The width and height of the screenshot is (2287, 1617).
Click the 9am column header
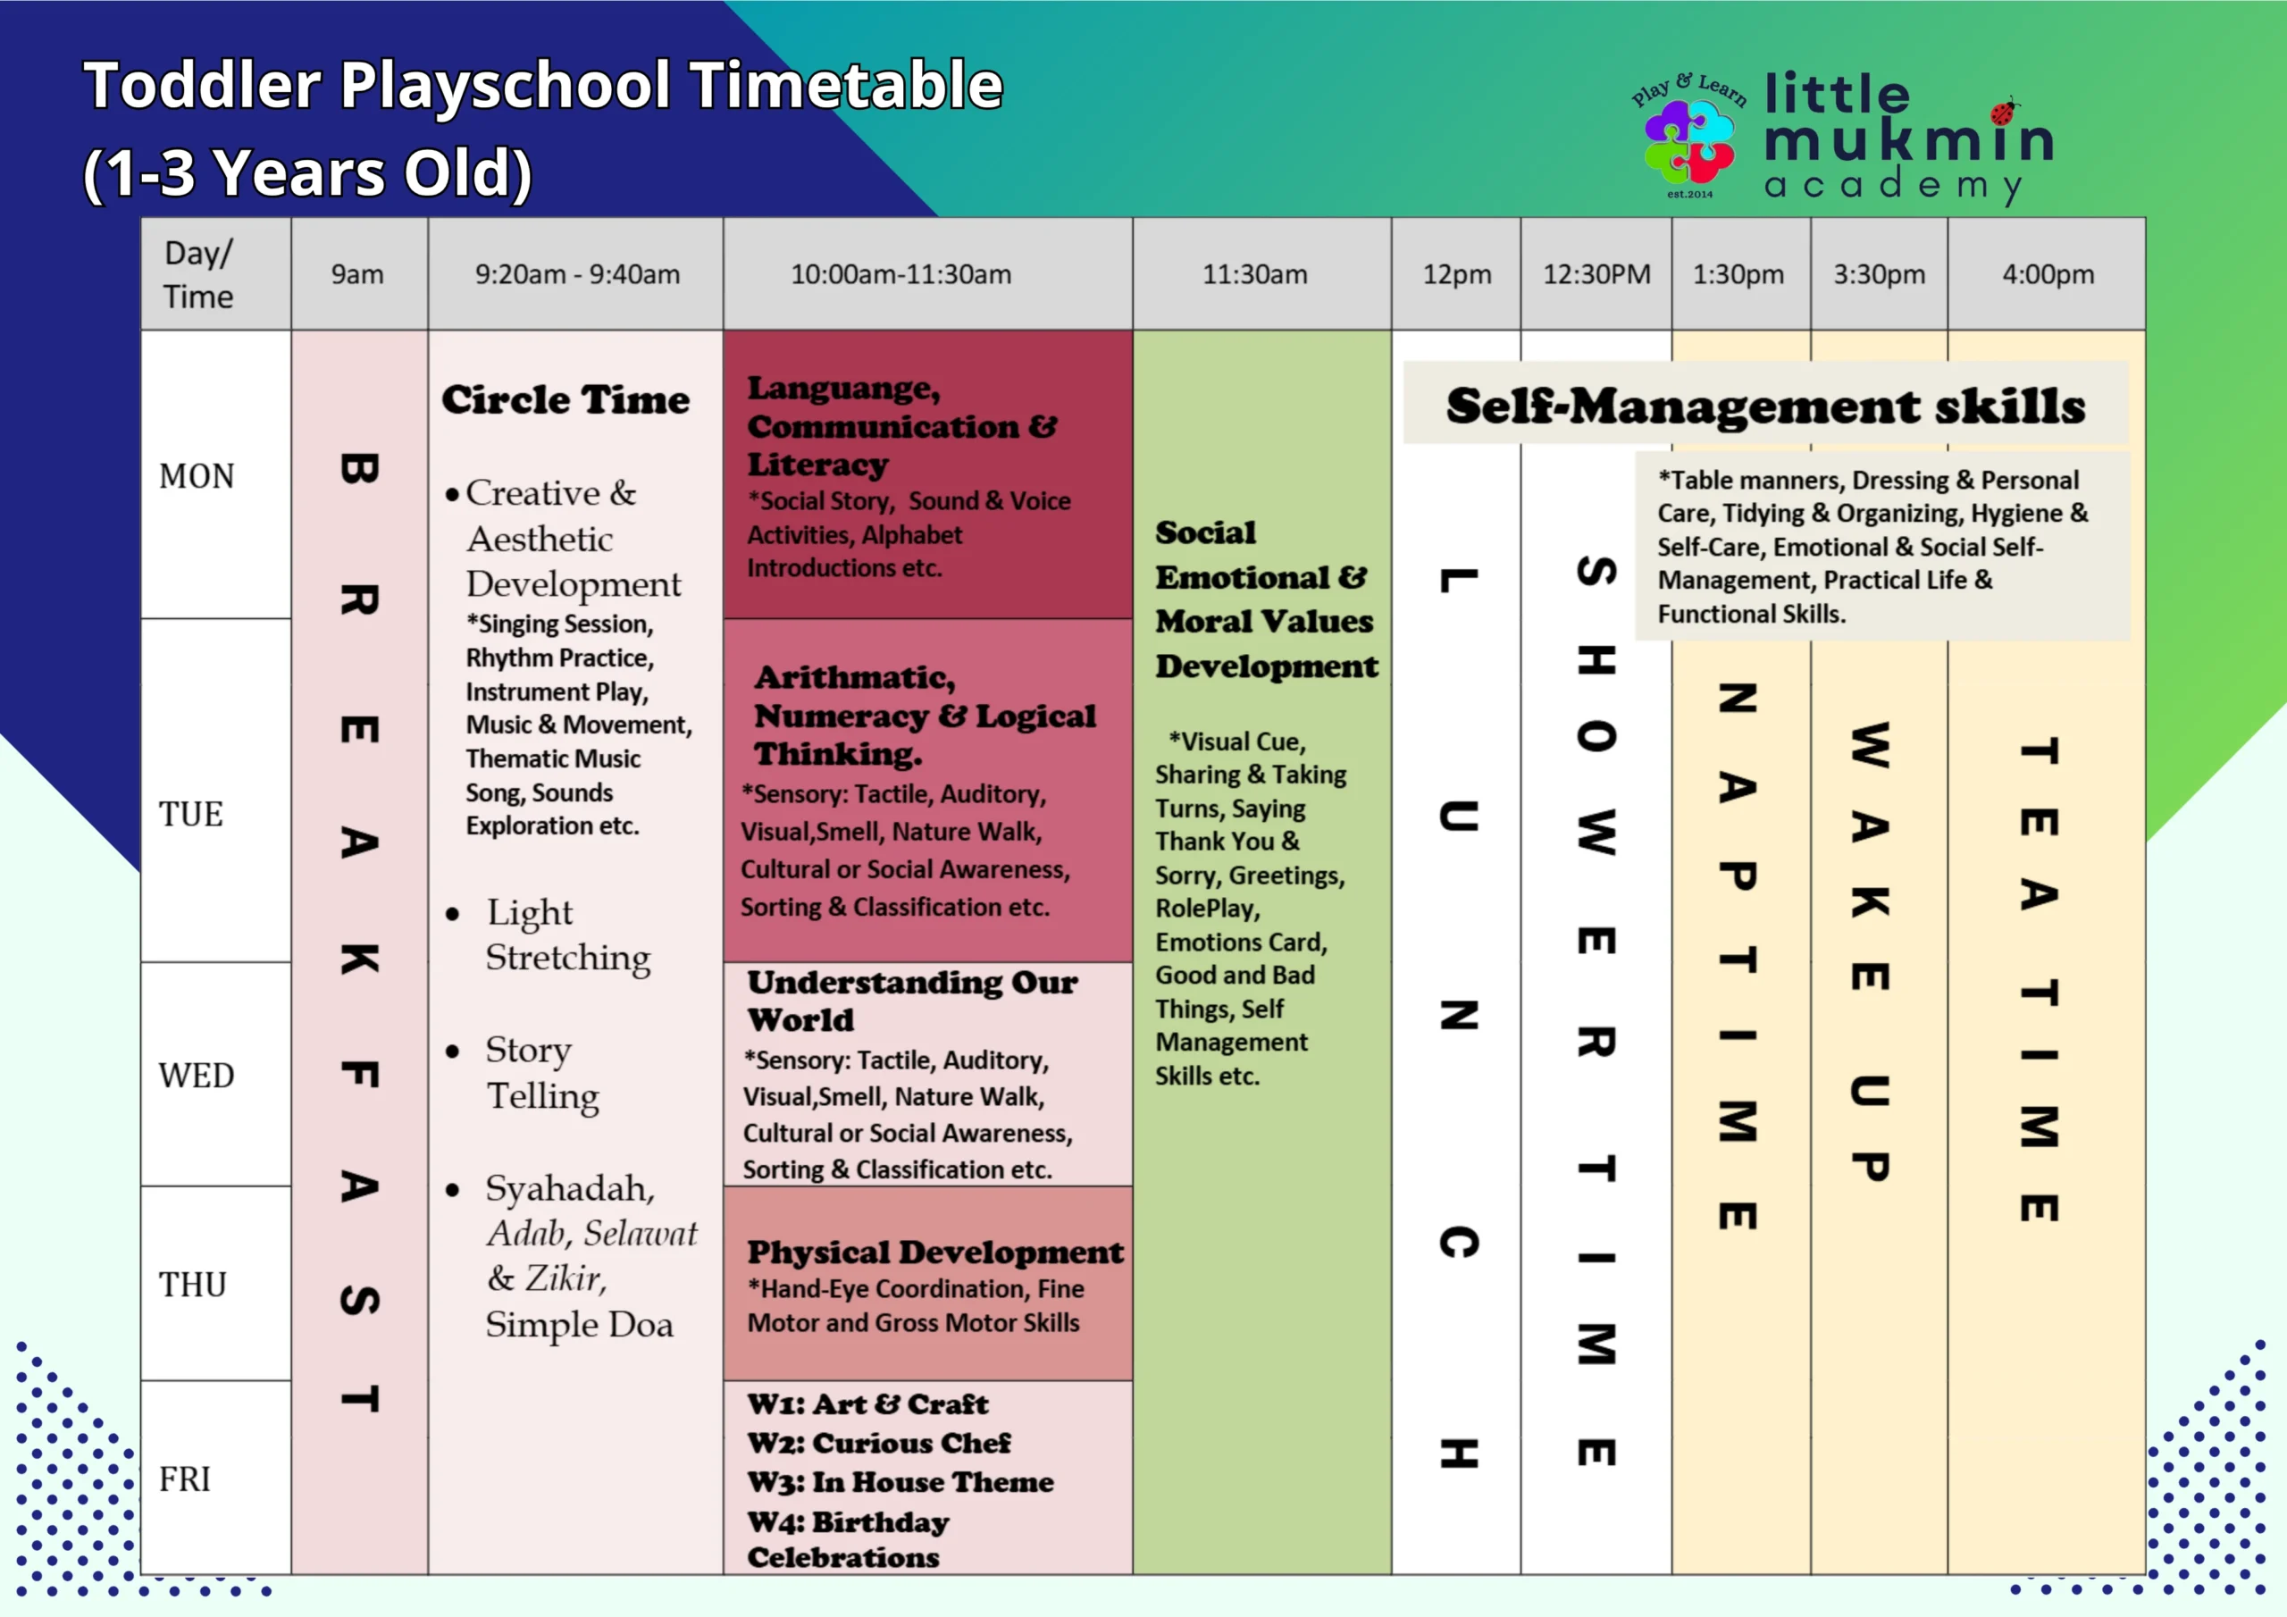pyautogui.click(x=357, y=274)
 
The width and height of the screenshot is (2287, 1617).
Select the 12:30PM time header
pyautogui.click(x=1596, y=274)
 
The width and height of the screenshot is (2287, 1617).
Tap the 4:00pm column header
pyautogui.click(x=2048, y=274)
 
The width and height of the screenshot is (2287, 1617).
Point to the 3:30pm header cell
pyautogui.click(x=1880, y=274)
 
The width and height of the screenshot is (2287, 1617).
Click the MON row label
pyautogui.click(x=197, y=476)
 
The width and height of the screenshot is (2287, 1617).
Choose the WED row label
pyautogui.click(x=197, y=1076)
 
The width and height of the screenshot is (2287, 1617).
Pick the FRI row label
pyautogui.click(x=185, y=1479)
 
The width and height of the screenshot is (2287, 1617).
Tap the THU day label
pyautogui.click(x=193, y=1286)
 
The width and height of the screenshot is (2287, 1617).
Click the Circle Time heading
pyautogui.click(x=565, y=400)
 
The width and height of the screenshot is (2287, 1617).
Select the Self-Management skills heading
pyautogui.click(x=1765, y=406)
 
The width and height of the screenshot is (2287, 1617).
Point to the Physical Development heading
pyautogui.click(x=935, y=1253)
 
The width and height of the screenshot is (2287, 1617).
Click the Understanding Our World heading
pyautogui.click(x=912, y=1001)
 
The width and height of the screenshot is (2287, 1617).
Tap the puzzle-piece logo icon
pyautogui.click(x=1689, y=142)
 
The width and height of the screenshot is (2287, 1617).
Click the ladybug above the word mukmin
pyautogui.click(x=2004, y=111)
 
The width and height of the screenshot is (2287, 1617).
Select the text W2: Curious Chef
pyautogui.click(x=880, y=1444)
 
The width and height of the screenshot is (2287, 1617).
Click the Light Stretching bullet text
pyautogui.click(x=568, y=934)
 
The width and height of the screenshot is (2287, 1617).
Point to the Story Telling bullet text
pyautogui.click(x=543, y=1073)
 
